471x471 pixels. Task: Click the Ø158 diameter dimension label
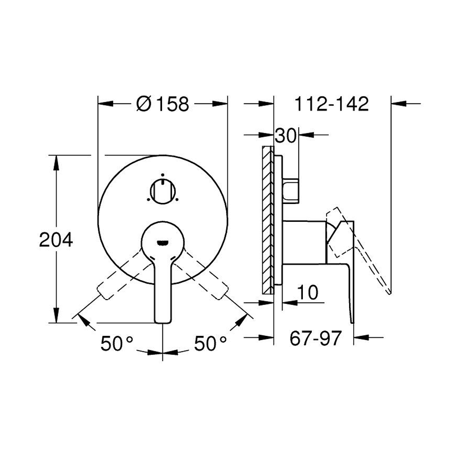[162, 104]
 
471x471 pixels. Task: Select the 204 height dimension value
[56, 240]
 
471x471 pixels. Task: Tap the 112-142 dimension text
[332, 104]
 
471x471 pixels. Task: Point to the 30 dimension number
[286, 136]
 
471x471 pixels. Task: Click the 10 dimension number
[308, 292]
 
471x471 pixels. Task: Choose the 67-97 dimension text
[316, 338]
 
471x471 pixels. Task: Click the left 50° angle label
[117, 343]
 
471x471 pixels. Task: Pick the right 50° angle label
[210, 343]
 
